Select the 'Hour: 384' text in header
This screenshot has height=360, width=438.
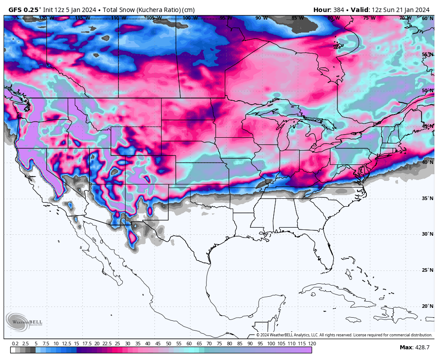coord(328,10)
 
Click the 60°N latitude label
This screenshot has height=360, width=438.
coord(427,18)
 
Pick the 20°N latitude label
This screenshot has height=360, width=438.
coord(427,306)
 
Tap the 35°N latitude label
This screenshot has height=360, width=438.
coord(427,198)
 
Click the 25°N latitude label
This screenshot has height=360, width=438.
coord(427,270)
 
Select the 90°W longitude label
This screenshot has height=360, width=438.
coord(261,18)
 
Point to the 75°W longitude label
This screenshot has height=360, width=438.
coord(369,18)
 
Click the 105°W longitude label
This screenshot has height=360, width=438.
coord(154,18)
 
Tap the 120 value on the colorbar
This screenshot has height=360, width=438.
coord(312,344)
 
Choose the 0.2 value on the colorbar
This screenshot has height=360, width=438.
coord(15,344)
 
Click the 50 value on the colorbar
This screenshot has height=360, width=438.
coord(168,344)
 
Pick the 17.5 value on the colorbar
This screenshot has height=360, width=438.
coord(86,344)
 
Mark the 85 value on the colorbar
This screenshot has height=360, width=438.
coord(240,344)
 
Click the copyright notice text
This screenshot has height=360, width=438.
coord(344,335)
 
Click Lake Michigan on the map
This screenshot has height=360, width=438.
coord(282,136)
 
